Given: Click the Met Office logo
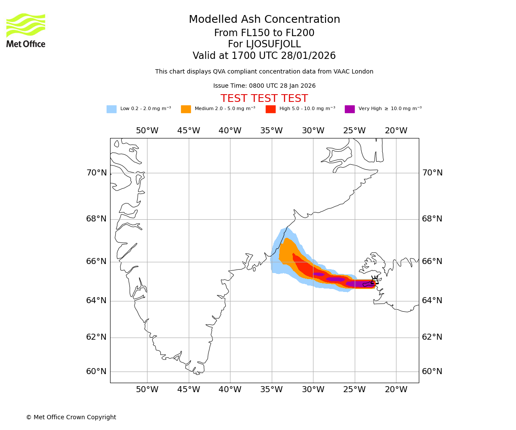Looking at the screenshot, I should [x=26, y=30].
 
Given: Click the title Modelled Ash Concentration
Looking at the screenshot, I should [x=264, y=20].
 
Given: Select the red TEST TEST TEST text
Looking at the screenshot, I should [x=264, y=99].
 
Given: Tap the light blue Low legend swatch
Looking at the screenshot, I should [x=111, y=109].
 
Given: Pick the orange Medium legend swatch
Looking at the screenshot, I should [x=186, y=109].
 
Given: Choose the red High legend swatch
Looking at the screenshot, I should [x=270, y=109].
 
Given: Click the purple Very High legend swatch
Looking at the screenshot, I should [x=350, y=109].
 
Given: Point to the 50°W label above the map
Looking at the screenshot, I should [x=147, y=131].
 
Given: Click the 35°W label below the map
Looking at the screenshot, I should [x=271, y=390].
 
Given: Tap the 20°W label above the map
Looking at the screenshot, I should [x=396, y=131].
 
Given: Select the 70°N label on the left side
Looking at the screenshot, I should [x=96, y=173].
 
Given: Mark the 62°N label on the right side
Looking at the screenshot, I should [x=432, y=337].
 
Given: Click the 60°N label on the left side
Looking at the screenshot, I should [x=96, y=372].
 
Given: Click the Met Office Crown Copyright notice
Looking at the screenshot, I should [x=71, y=418].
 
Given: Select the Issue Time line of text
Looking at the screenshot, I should [x=264, y=86].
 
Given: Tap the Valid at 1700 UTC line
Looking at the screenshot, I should [x=264, y=56].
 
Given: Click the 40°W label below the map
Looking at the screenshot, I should [x=230, y=390].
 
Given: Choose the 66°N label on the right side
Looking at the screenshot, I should [x=432, y=261].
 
